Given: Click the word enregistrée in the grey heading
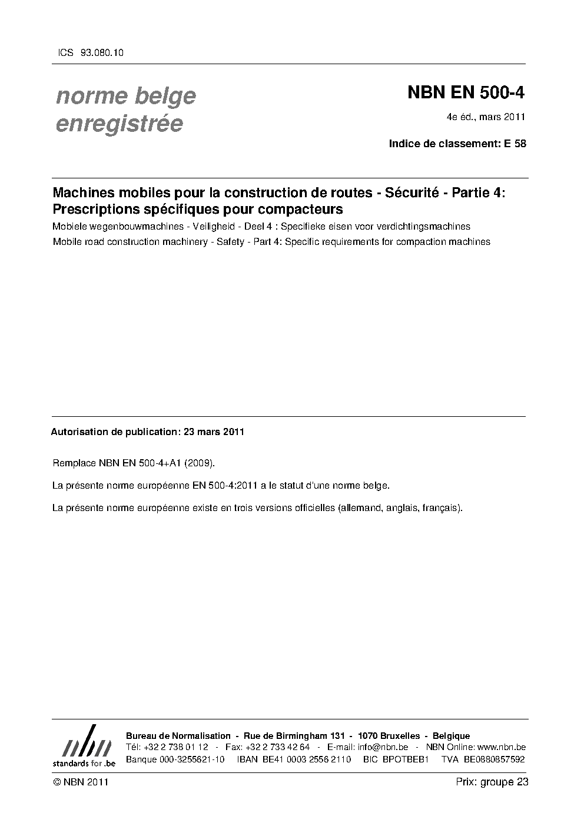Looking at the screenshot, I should pos(120,124).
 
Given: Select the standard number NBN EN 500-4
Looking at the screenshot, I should pos(466,93).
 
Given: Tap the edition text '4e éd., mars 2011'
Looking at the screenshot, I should pos(486,117).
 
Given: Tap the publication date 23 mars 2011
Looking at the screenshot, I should pos(214,432).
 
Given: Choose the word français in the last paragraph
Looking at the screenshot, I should pos(443,507).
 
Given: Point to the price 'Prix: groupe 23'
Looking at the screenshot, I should pos(492,782).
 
